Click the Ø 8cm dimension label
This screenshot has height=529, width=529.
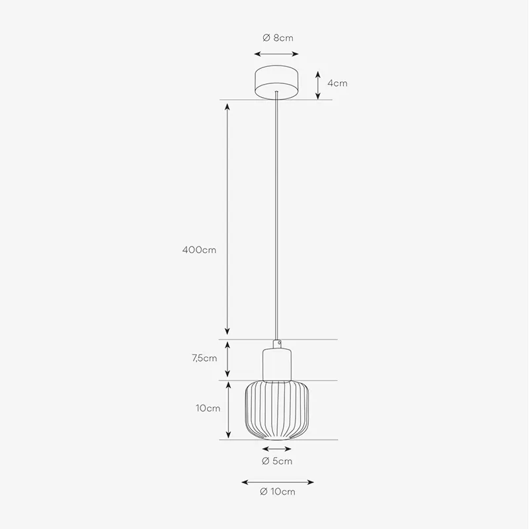pos(278,38)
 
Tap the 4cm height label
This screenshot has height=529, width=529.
pos(337,83)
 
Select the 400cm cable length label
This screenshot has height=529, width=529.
pos(199,250)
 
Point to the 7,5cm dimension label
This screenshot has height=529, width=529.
pos(204,358)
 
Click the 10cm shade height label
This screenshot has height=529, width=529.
pos(208,408)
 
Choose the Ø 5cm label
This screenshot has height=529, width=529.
pos(277,461)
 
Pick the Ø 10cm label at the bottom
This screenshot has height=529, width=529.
pos(278,491)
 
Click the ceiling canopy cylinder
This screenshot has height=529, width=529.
pos(276,82)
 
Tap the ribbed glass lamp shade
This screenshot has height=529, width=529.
pos(277,410)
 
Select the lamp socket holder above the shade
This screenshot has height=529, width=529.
pos(277,366)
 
